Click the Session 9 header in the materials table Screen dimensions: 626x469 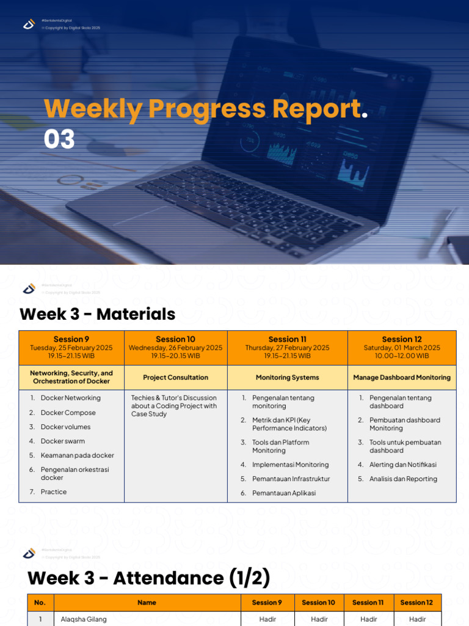[71, 339]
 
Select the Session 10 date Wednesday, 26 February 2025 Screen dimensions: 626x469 [175, 348]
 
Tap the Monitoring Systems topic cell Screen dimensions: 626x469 [287, 378]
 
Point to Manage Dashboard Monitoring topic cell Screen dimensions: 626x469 [402, 378]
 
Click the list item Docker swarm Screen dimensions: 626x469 [63, 441]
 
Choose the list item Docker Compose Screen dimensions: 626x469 [68, 413]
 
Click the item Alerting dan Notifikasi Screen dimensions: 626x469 [402, 465]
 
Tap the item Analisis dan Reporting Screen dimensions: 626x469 [403, 479]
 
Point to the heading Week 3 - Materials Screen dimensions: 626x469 [98, 315]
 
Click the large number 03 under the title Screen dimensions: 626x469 [59, 140]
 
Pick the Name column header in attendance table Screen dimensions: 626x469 [147, 603]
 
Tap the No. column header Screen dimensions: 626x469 [40, 603]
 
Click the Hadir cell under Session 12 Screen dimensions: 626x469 [417, 619]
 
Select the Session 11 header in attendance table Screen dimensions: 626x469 [368, 603]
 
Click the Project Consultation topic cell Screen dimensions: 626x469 [175, 378]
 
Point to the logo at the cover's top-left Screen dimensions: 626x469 [29, 24]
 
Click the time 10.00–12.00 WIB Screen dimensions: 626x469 [402, 356]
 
